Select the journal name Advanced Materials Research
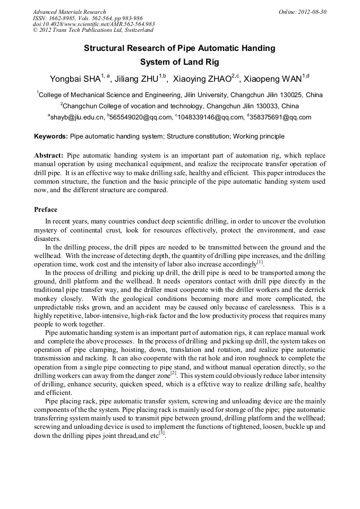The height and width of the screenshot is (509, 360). (x=70, y=12)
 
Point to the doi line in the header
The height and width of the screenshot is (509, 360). (x=93, y=24)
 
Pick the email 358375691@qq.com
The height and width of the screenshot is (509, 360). (x=280, y=117)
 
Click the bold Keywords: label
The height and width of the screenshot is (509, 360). (x=51, y=136)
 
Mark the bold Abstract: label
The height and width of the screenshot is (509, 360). (x=49, y=156)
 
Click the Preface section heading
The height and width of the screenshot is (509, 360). (x=46, y=210)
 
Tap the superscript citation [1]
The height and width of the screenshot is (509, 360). (x=260, y=262)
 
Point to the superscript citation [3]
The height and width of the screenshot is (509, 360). (x=162, y=433)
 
